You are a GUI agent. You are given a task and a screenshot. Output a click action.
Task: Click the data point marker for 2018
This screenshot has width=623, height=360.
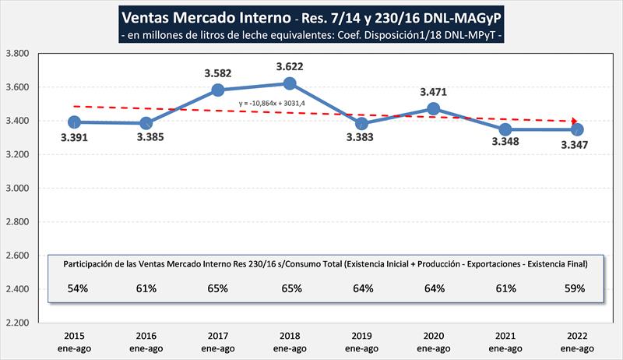tap(290, 83)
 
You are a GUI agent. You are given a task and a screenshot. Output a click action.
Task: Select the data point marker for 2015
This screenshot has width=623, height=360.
tap(74, 122)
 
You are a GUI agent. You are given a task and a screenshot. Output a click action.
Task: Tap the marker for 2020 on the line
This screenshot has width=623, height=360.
tap(434, 109)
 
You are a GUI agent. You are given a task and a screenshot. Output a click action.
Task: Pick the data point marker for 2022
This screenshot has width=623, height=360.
tap(578, 129)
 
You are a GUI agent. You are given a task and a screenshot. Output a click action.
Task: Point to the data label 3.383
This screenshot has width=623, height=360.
tap(359, 137)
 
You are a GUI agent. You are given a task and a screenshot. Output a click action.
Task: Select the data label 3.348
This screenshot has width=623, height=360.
tap(505, 143)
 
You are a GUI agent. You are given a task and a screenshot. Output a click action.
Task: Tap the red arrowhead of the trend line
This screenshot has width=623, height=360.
tap(575, 121)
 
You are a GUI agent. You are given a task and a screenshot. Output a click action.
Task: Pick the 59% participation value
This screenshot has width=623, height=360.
tap(578, 288)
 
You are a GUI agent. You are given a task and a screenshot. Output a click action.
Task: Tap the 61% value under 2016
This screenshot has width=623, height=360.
tap(146, 288)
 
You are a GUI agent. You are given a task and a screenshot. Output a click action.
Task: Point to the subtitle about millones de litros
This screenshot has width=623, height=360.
tap(311, 36)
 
